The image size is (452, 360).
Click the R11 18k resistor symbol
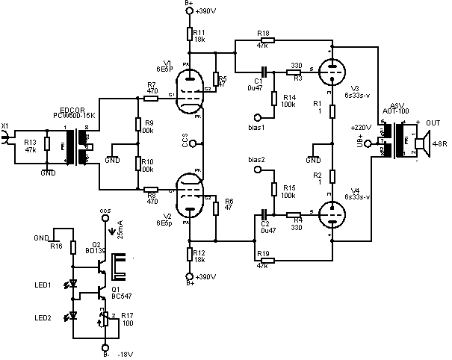(x=190, y=34)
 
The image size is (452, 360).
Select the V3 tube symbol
(x=330, y=73)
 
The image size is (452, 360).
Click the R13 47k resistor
(x=46, y=143)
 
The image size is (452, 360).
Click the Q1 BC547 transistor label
(x=117, y=291)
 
